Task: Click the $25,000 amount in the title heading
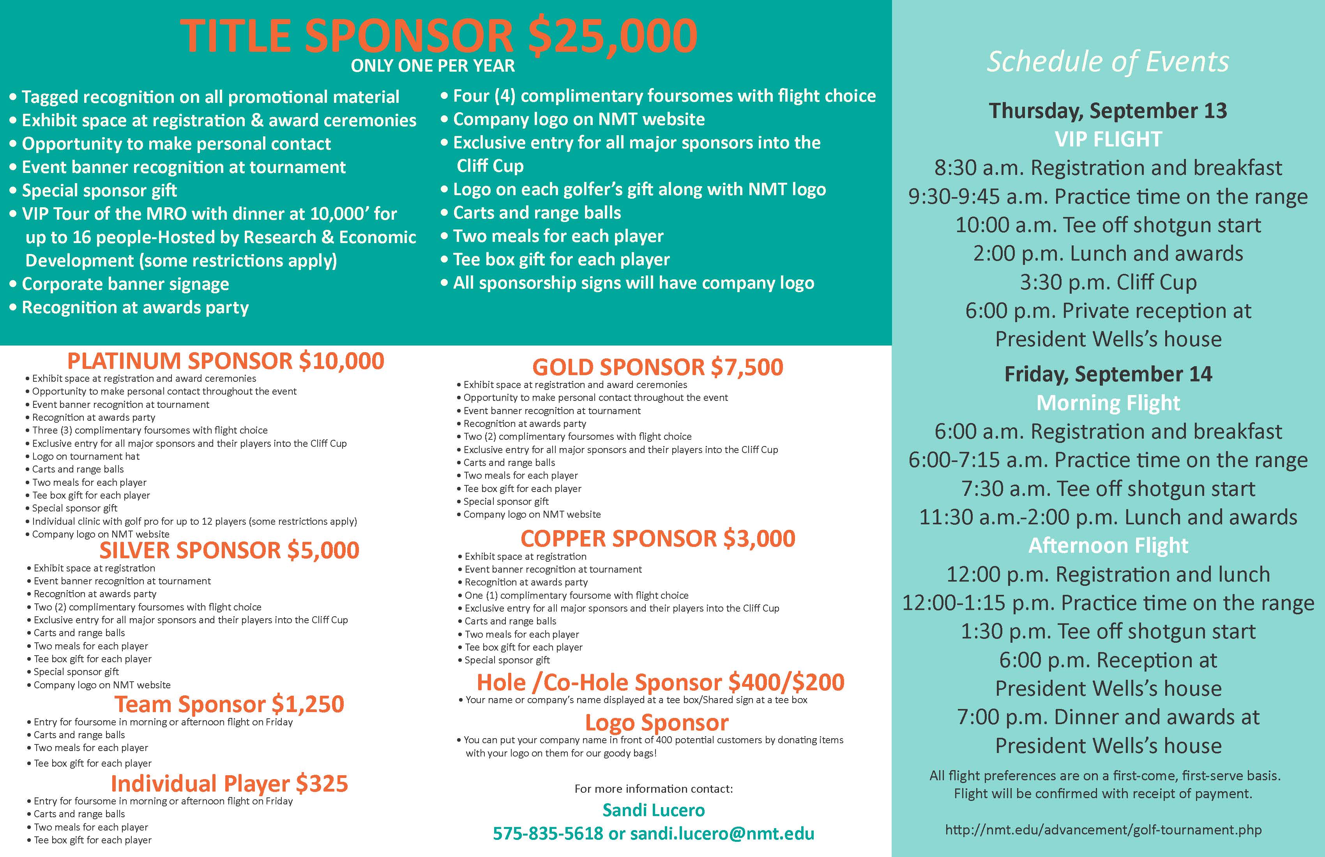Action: pos(612,36)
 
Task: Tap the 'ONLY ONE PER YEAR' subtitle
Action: pos(433,66)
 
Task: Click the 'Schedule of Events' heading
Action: pos(1108,61)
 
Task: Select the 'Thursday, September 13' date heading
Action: pos(1108,111)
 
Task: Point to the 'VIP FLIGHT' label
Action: pos(1108,139)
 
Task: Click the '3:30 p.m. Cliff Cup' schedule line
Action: pos(1108,282)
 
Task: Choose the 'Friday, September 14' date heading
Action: pos(1108,374)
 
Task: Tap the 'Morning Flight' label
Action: pos(1108,403)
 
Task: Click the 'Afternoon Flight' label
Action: pos(1108,545)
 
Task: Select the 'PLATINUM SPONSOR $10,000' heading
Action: pos(226,361)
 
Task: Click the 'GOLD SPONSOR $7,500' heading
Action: pos(657,367)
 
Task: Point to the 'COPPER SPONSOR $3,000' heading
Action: pos(657,539)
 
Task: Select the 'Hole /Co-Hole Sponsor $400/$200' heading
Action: pos(660,682)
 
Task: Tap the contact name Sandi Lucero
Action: pos(654,810)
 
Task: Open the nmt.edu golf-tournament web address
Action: pos(1103,830)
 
